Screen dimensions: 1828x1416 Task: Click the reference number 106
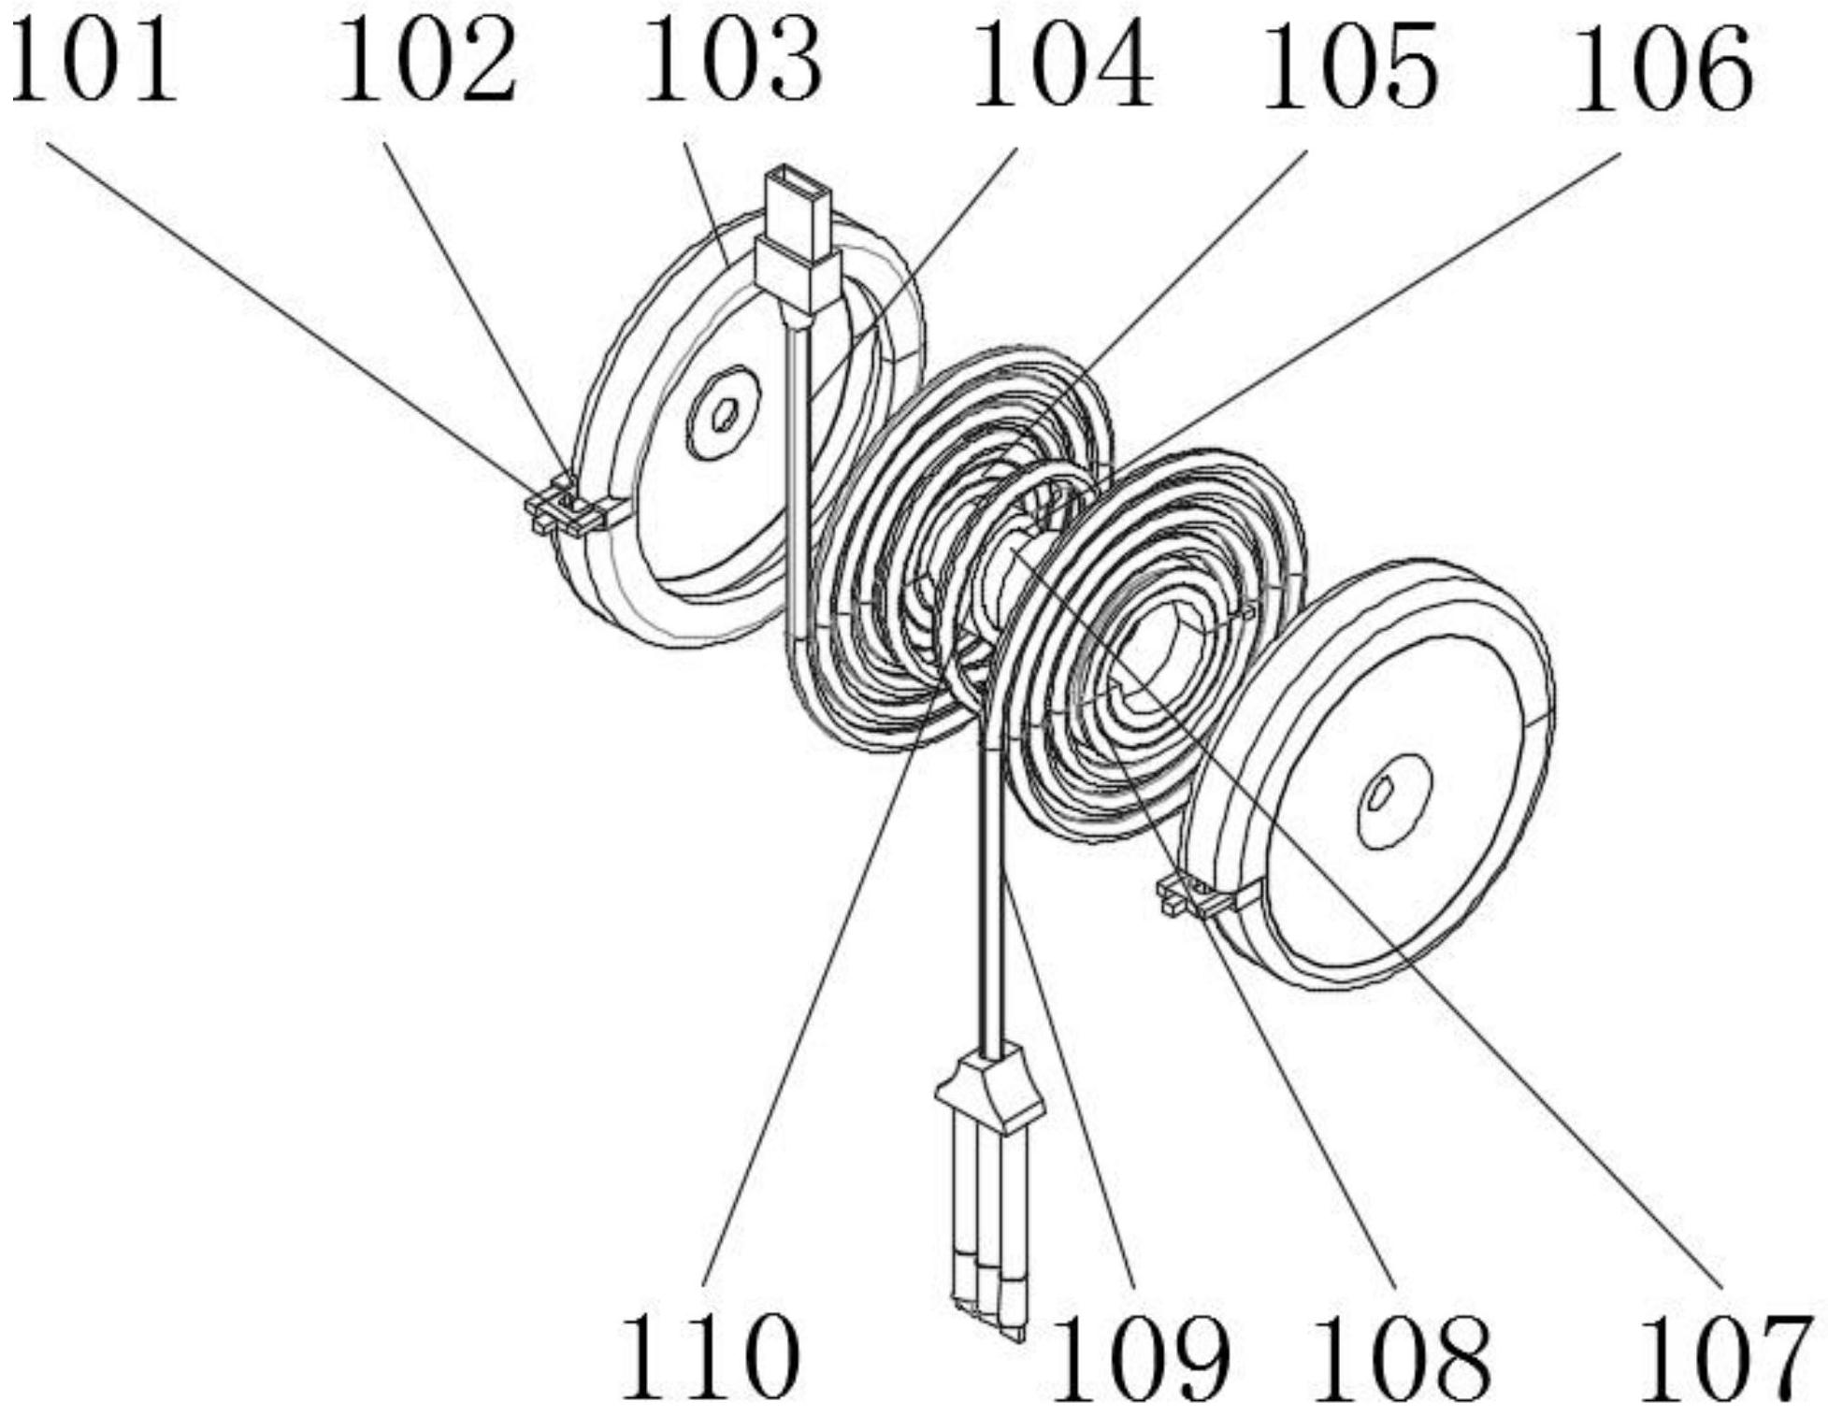pos(1663,67)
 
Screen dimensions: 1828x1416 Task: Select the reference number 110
pos(711,1355)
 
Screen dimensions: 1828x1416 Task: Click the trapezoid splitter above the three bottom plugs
pos(988,1091)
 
